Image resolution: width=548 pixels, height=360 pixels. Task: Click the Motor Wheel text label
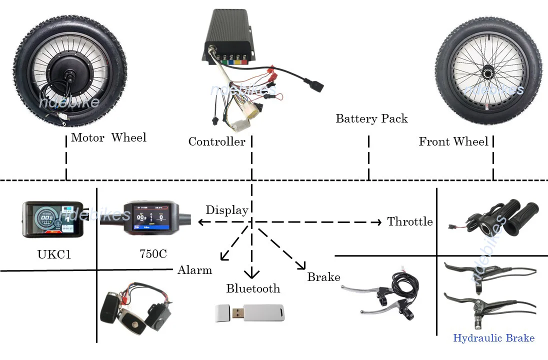tap(108, 137)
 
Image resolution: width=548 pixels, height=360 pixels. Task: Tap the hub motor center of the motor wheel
tap(66, 73)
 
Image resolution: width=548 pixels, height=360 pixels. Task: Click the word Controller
tap(216, 142)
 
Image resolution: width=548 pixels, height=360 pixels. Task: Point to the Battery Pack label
tap(371, 119)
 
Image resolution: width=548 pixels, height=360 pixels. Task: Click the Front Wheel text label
tap(453, 142)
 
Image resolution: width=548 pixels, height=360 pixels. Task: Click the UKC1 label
tap(54, 254)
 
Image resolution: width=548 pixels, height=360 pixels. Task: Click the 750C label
tap(153, 254)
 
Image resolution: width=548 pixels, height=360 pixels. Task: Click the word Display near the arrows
tap(226, 210)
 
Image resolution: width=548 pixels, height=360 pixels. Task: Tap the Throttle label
tap(409, 221)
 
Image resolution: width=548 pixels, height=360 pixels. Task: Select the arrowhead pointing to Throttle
tap(378, 222)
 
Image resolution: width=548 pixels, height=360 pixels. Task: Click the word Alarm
tap(194, 270)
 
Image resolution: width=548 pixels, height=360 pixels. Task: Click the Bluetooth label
tap(253, 288)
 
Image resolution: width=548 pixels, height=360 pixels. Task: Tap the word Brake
tap(323, 277)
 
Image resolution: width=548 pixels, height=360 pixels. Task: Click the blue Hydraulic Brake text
tap(493, 338)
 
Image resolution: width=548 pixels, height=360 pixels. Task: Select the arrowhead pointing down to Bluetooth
tap(251, 274)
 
